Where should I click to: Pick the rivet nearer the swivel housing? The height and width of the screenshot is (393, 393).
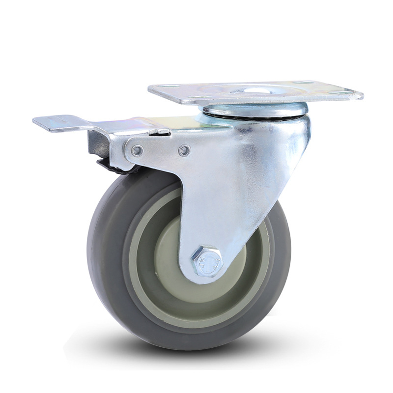pyautogui.click(x=184, y=150)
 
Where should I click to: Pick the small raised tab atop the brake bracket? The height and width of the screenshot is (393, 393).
pyautogui.click(x=160, y=131)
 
